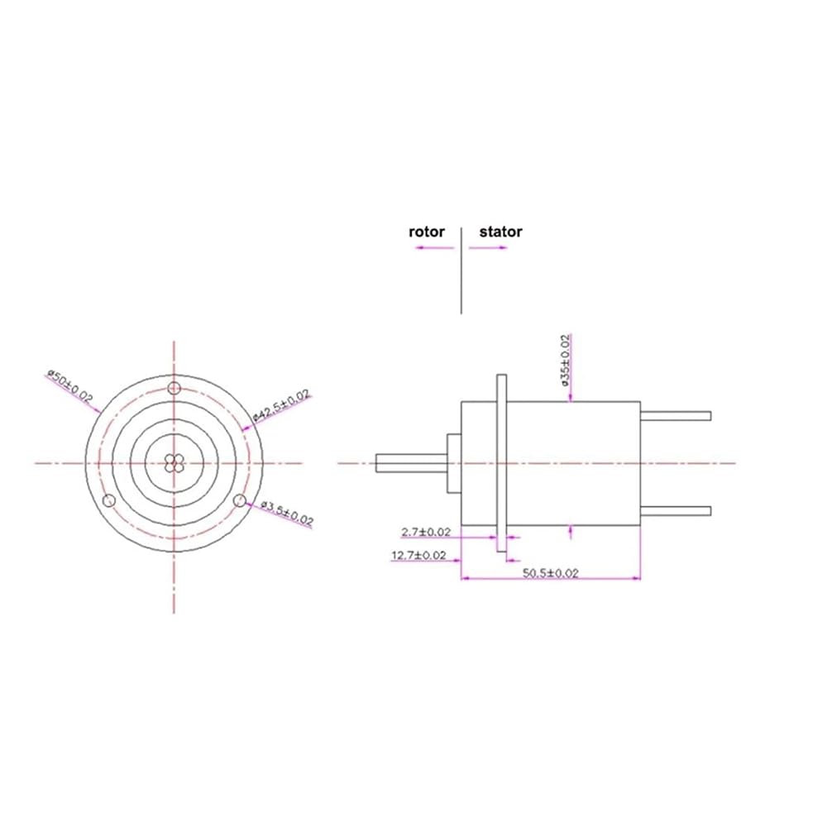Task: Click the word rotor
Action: click(427, 232)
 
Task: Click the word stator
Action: click(500, 232)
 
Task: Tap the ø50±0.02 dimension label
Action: click(69, 386)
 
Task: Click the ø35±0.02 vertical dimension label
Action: click(566, 361)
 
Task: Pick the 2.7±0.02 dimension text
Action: click(426, 532)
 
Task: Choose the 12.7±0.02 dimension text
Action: click(418, 556)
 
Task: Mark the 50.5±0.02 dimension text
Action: click(551, 573)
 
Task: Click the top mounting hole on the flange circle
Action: click(174, 389)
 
